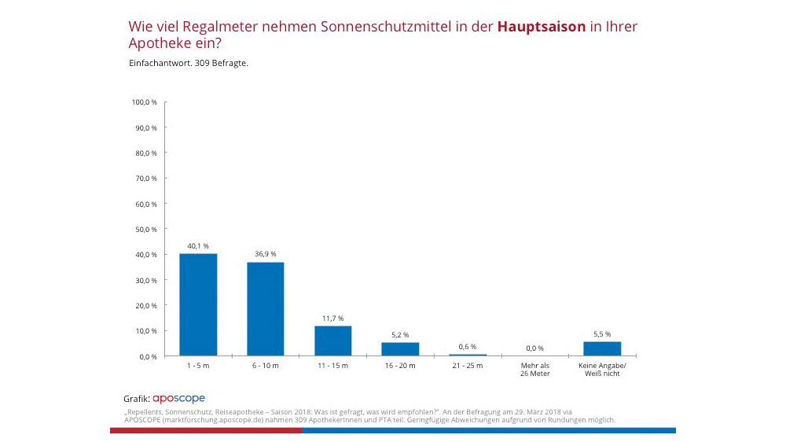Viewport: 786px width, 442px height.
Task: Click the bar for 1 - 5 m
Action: tap(198, 304)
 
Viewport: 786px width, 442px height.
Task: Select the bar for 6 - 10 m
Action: tap(266, 308)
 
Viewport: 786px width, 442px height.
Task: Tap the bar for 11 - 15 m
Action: tap(332, 341)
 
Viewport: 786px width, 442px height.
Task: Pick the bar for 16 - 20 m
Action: tap(400, 348)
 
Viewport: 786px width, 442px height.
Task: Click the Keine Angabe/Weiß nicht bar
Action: tap(602, 348)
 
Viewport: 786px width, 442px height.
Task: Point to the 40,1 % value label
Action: tap(198, 246)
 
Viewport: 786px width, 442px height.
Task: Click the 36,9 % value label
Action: tap(266, 254)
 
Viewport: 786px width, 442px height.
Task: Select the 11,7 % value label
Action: tap(332, 318)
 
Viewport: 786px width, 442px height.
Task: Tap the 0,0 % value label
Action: tap(534, 348)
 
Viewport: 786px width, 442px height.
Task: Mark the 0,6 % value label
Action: tap(468, 347)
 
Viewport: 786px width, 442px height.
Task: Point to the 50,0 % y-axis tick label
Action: tap(146, 229)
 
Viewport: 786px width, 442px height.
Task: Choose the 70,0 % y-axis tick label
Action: tap(146, 179)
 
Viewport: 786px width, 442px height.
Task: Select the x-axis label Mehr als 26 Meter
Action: tap(534, 369)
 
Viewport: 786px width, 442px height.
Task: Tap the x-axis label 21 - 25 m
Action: tap(468, 366)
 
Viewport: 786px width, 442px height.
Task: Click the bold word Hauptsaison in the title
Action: tap(542, 27)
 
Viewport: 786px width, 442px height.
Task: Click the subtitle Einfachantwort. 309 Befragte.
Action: tap(188, 62)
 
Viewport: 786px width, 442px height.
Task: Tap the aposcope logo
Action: tap(178, 399)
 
